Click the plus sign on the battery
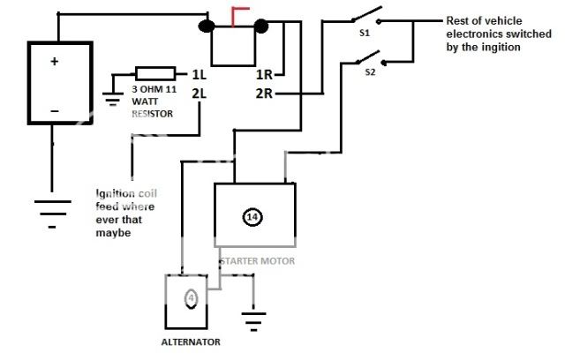click(x=54, y=62)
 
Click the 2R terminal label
click(x=263, y=92)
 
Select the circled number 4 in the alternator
click(x=191, y=298)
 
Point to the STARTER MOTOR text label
click(x=256, y=261)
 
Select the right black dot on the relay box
click(x=261, y=26)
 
